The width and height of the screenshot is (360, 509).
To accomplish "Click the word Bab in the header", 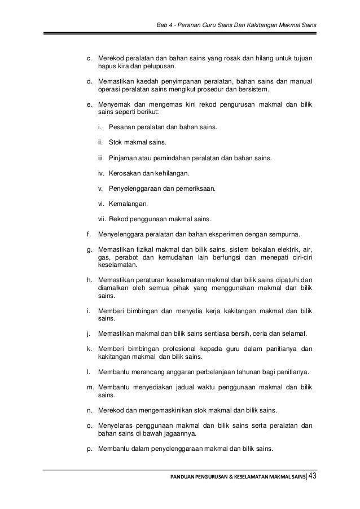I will tap(163, 27).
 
